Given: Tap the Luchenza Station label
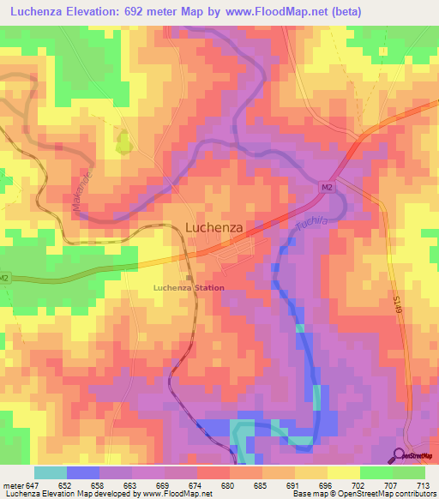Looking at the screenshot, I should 189,287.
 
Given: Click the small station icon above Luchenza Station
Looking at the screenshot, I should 189,276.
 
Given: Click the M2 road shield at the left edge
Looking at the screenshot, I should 5,278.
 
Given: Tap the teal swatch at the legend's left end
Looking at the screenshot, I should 51,472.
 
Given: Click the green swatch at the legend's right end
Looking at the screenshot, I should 408,472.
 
